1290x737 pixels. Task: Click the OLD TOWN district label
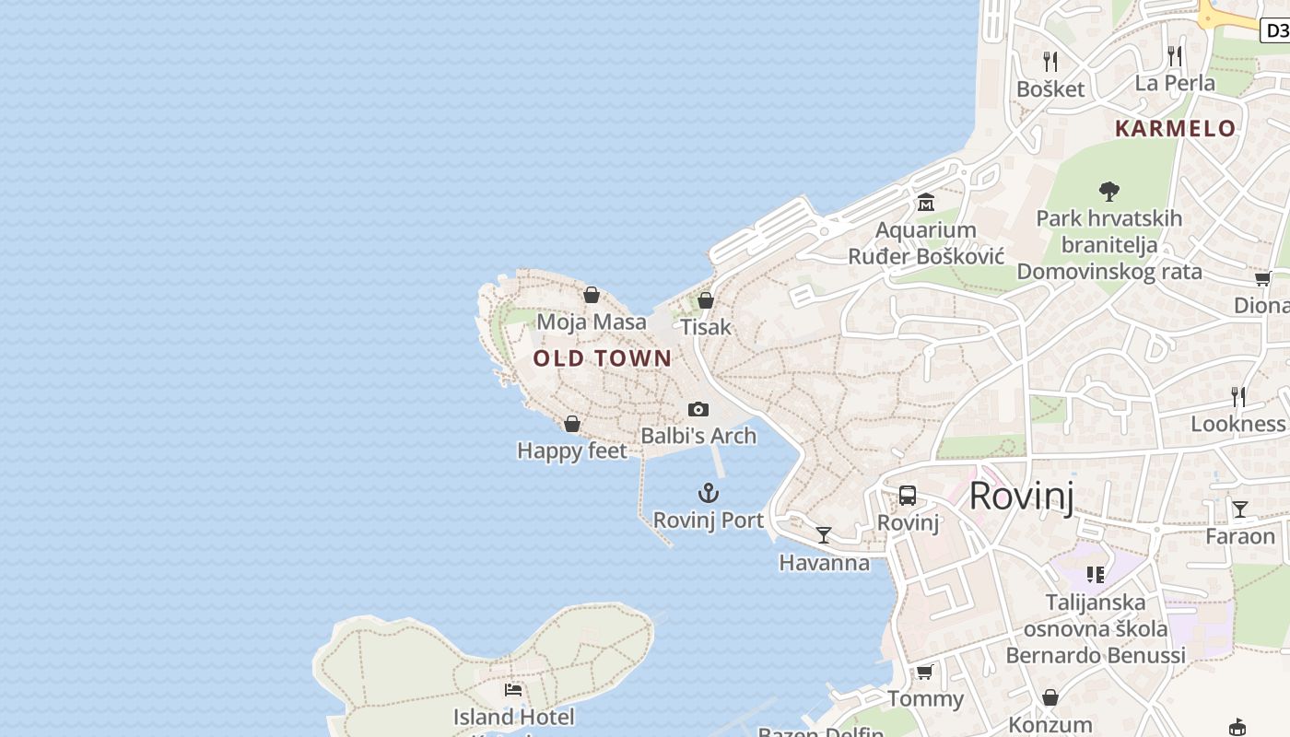click(603, 358)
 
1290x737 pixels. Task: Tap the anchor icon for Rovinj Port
click(708, 493)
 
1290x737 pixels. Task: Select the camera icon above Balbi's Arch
click(698, 409)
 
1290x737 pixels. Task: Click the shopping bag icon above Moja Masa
click(592, 295)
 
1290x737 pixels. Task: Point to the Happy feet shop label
click(571, 450)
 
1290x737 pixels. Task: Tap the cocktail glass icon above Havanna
click(824, 534)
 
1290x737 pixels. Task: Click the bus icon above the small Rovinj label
click(908, 496)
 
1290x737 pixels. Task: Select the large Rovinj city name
click(1022, 497)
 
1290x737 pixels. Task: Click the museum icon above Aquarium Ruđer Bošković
click(926, 202)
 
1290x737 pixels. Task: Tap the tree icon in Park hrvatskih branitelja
click(1109, 192)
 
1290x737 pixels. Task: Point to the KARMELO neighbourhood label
click(1175, 129)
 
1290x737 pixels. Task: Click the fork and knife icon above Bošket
click(1050, 61)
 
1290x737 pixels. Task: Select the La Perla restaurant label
click(1175, 83)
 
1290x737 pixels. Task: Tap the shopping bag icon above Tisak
click(706, 300)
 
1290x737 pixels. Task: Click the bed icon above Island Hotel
click(513, 689)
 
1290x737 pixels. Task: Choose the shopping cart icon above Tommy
click(925, 672)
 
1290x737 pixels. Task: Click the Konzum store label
click(1050, 725)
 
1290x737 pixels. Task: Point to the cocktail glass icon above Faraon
click(1240, 509)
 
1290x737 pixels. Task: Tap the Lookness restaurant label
click(1237, 424)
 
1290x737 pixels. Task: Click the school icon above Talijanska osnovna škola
click(1096, 575)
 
